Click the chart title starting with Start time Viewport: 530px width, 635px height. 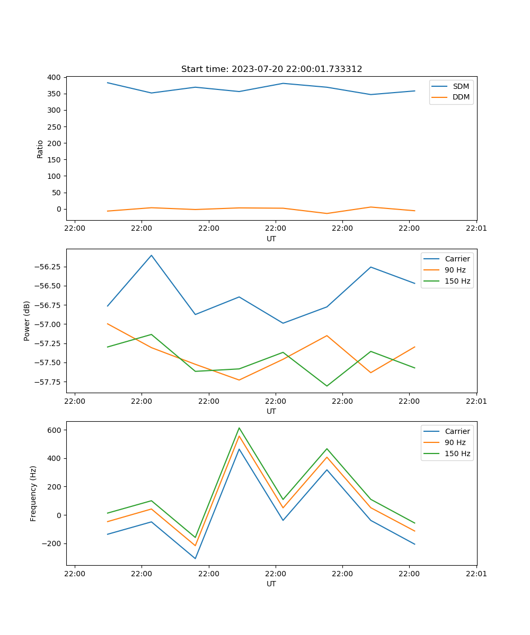pos(271,69)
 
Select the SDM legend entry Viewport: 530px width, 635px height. pos(461,86)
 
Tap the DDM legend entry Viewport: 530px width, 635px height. pos(461,97)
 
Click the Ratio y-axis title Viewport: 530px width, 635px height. pos(40,149)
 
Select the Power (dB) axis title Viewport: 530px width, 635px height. pos(27,321)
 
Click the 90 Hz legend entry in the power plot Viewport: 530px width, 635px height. pos(455,270)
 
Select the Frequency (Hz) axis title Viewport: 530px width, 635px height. pos(33,493)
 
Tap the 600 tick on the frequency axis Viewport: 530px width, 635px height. pos(55,430)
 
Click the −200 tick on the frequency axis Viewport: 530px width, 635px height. pos(52,543)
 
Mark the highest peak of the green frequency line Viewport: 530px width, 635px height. pos(239,428)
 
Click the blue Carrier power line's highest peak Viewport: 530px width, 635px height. pos(152,255)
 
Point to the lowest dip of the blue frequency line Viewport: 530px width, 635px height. pos(195,558)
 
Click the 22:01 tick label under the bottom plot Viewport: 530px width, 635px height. pos(476,573)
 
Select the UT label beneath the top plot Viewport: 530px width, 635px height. pos(271,239)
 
